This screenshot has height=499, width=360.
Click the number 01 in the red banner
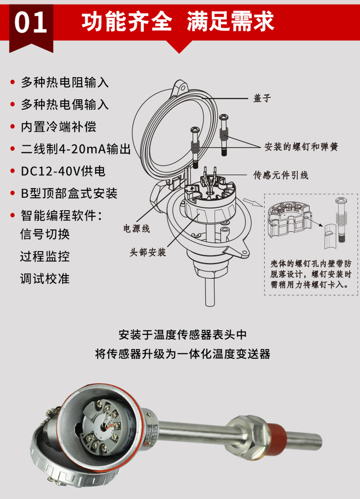(x=31, y=23)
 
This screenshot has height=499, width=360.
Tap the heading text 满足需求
(x=230, y=21)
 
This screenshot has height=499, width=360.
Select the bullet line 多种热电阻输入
(x=65, y=82)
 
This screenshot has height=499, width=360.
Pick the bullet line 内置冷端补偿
(x=59, y=127)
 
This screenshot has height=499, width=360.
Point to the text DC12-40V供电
(x=63, y=171)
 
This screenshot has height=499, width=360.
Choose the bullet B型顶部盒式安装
(x=69, y=193)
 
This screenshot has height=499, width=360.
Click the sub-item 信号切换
(x=45, y=234)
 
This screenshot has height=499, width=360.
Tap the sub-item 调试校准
(x=45, y=279)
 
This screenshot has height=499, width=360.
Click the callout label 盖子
(x=262, y=98)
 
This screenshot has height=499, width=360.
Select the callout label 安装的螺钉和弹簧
(x=301, y=147)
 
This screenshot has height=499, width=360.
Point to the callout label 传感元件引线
(x=281, y=175)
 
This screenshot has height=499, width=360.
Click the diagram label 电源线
(x=136, y=229)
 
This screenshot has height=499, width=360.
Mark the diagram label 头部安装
(x=148, y=252)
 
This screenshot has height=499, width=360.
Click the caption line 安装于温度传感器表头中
(x=183, y=334)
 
